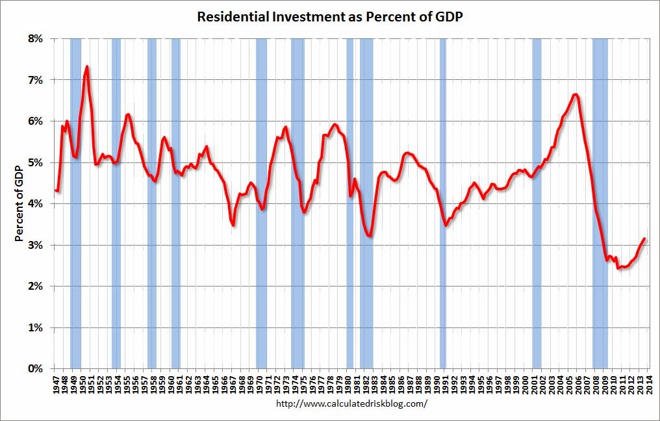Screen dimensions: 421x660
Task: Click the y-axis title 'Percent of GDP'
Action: pos(19,203)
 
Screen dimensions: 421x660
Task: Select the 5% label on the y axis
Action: pos(34,162)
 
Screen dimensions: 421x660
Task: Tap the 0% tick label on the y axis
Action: pos(34,369)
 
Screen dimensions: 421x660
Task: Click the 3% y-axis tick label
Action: pos(34,245)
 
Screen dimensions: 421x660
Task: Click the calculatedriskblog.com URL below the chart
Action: pos(352,403)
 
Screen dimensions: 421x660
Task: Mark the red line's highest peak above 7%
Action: pos(86,66)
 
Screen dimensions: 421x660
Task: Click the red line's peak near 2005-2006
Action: pos(576,95)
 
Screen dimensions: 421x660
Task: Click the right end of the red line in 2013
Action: pos(644,238)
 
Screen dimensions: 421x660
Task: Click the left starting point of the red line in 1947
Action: pos(56,190)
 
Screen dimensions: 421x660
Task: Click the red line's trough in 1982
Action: pos(370,236)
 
